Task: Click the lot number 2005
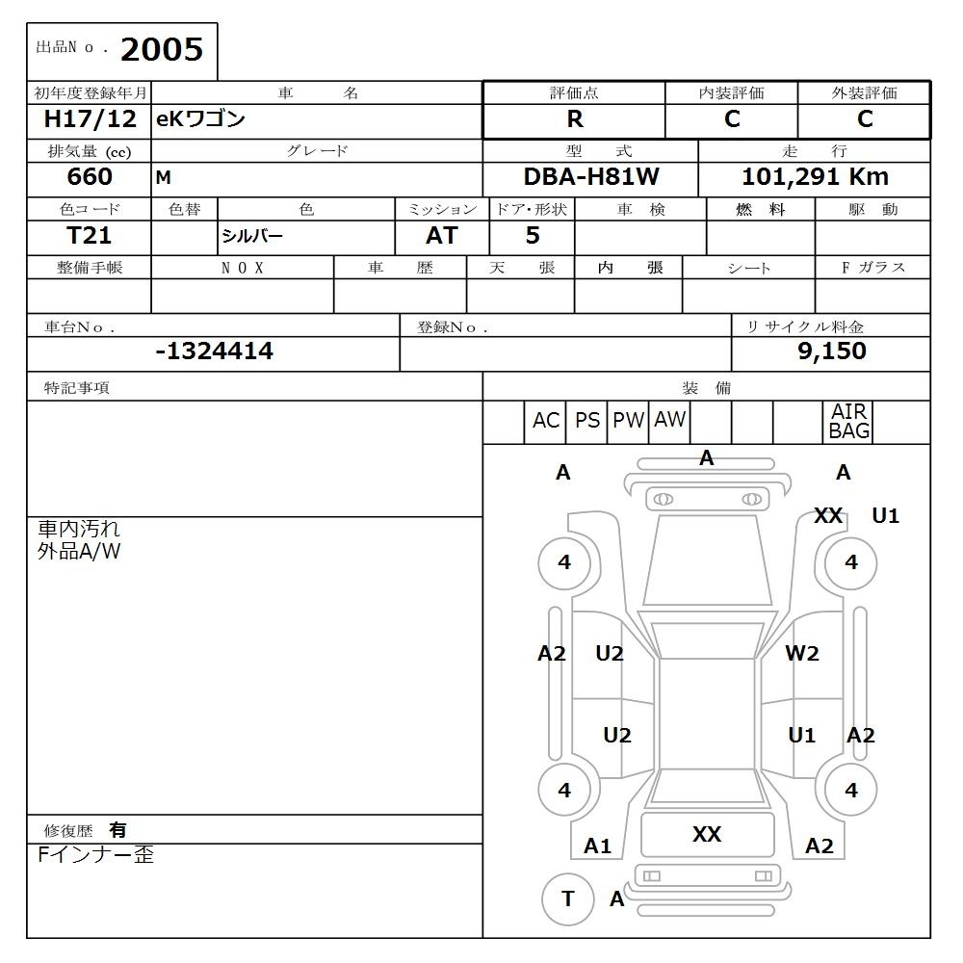[x=162, y=50]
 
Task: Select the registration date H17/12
[x=90, y=119]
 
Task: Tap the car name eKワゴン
[x=200, y=118]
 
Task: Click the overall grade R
[x=575, y=119]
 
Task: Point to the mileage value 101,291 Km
[x=815, y=177]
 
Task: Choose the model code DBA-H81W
[x=591, y=177]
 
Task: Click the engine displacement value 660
[x=90, y=177]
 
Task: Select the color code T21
[x=89, y=235]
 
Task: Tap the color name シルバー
[x=251, y=236]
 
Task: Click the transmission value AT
[x=442, y=235]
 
